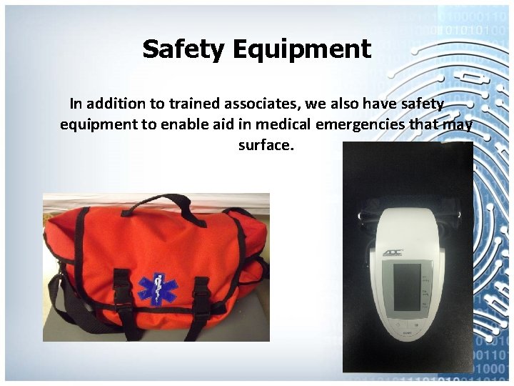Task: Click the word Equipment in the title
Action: coord(301,50)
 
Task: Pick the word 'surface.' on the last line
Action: coord(266,145)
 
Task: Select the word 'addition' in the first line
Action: coord(119,104)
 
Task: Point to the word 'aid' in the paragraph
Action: coord(224,125)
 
